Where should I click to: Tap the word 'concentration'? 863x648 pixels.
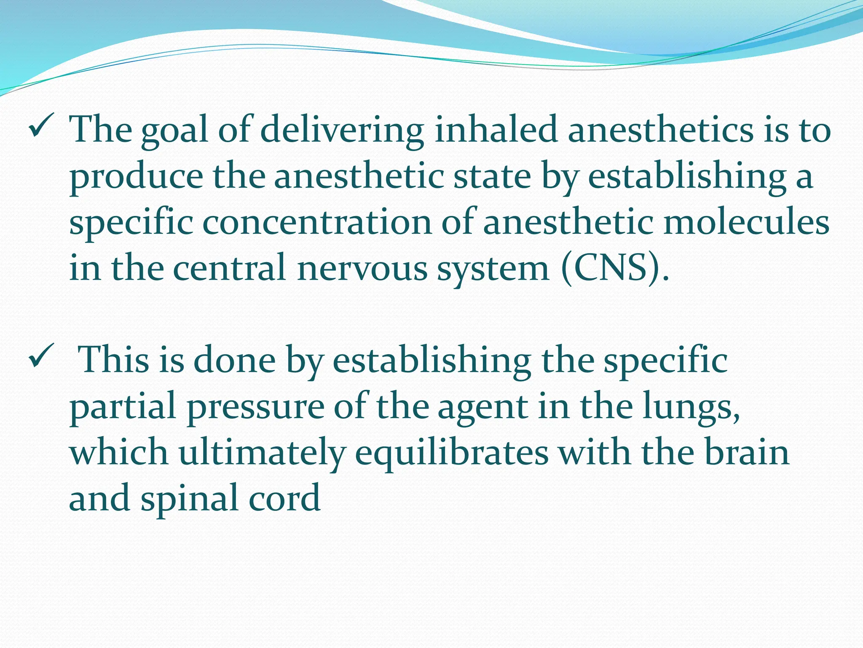[x=317, y=222]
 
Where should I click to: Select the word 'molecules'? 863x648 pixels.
[x=746, y=222]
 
